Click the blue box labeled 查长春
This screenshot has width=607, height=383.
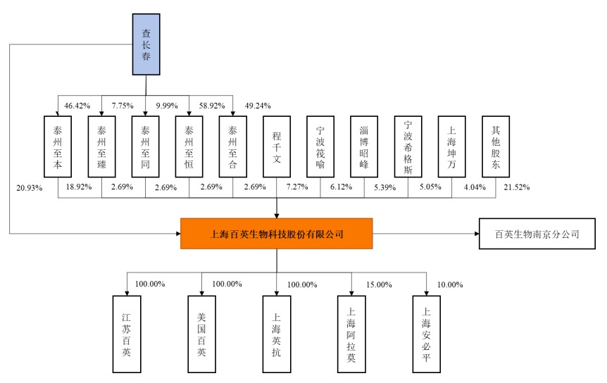146,44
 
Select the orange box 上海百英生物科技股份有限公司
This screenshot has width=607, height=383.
276,234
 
